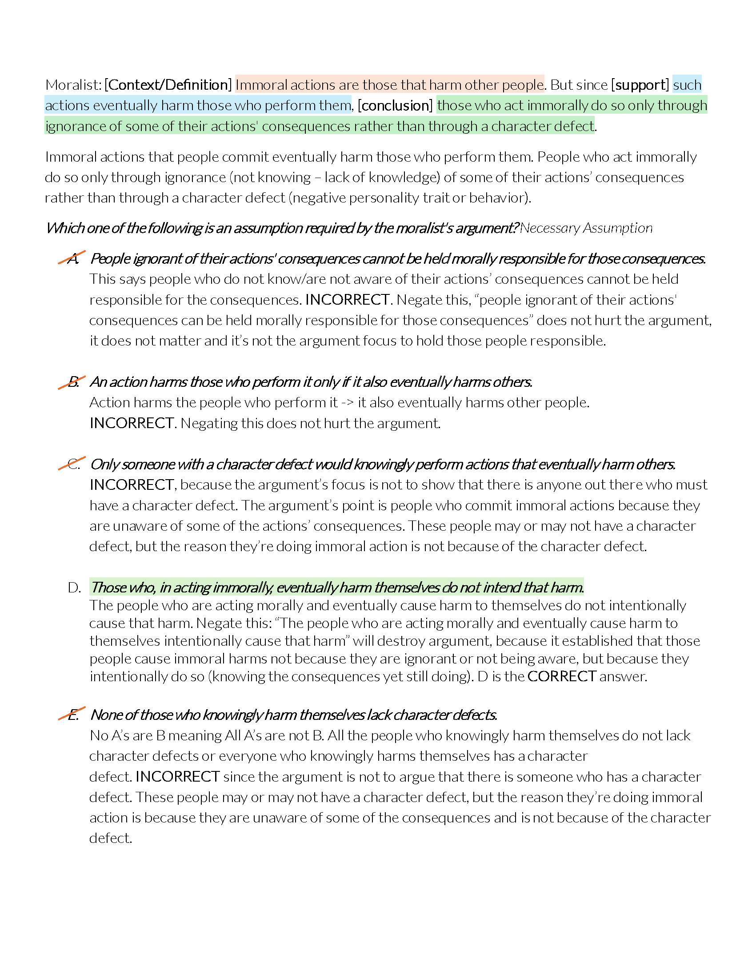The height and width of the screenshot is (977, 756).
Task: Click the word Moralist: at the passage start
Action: pos(73,85)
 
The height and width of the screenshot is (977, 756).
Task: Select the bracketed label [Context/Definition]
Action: pos(168,85)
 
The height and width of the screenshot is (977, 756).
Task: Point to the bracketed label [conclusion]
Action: pos(395,106)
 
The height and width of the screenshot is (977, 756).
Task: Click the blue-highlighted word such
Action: pos(687,85)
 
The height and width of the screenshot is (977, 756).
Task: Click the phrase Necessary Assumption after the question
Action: pos(586,228)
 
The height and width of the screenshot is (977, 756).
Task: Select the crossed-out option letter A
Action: pos(72,258)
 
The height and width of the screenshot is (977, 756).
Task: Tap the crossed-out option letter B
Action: pos(73,382)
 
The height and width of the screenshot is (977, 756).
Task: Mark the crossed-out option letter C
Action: pos(73,465)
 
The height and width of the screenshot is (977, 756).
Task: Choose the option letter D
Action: pos(74,588)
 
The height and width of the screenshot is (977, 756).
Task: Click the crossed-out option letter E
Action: pos(73,715)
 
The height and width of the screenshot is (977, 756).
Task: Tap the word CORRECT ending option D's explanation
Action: pos(561,676)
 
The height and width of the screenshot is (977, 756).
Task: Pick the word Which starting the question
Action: pos(65,228)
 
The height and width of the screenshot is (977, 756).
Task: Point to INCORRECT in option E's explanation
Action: pos(177,777)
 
